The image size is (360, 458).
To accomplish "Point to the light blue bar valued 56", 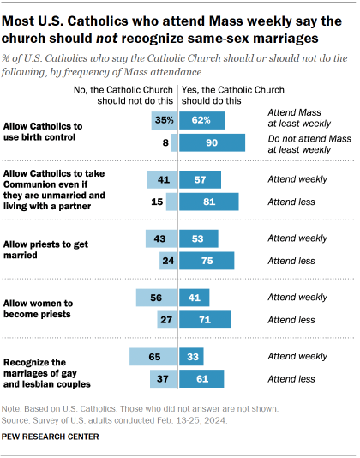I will point(156,298).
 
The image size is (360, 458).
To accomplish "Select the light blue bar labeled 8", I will point(174,145).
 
